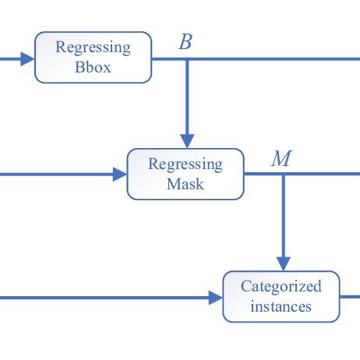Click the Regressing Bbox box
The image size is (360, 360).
coord(93,57)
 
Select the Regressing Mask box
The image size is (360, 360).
coord(185,175)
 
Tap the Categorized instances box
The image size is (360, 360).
coord(281,296)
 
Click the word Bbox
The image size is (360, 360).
coord(94,67)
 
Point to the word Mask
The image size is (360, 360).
coord(185,185)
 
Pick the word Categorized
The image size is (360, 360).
coord(281,286)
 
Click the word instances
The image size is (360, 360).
coord(281,306)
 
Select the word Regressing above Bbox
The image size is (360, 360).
coord(94,48)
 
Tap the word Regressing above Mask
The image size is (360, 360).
coord(185,165)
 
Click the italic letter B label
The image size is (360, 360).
coord(185,42)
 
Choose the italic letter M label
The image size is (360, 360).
coord(281,160)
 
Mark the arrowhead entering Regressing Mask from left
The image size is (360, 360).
coord(120,175)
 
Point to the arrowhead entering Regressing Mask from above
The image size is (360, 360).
coord(186,140)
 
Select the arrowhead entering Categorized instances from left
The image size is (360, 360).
coord(216,297)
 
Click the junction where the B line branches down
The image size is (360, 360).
coord(186,58)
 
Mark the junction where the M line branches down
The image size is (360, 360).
coord(283,175)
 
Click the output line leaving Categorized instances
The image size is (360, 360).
coord(350,297)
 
